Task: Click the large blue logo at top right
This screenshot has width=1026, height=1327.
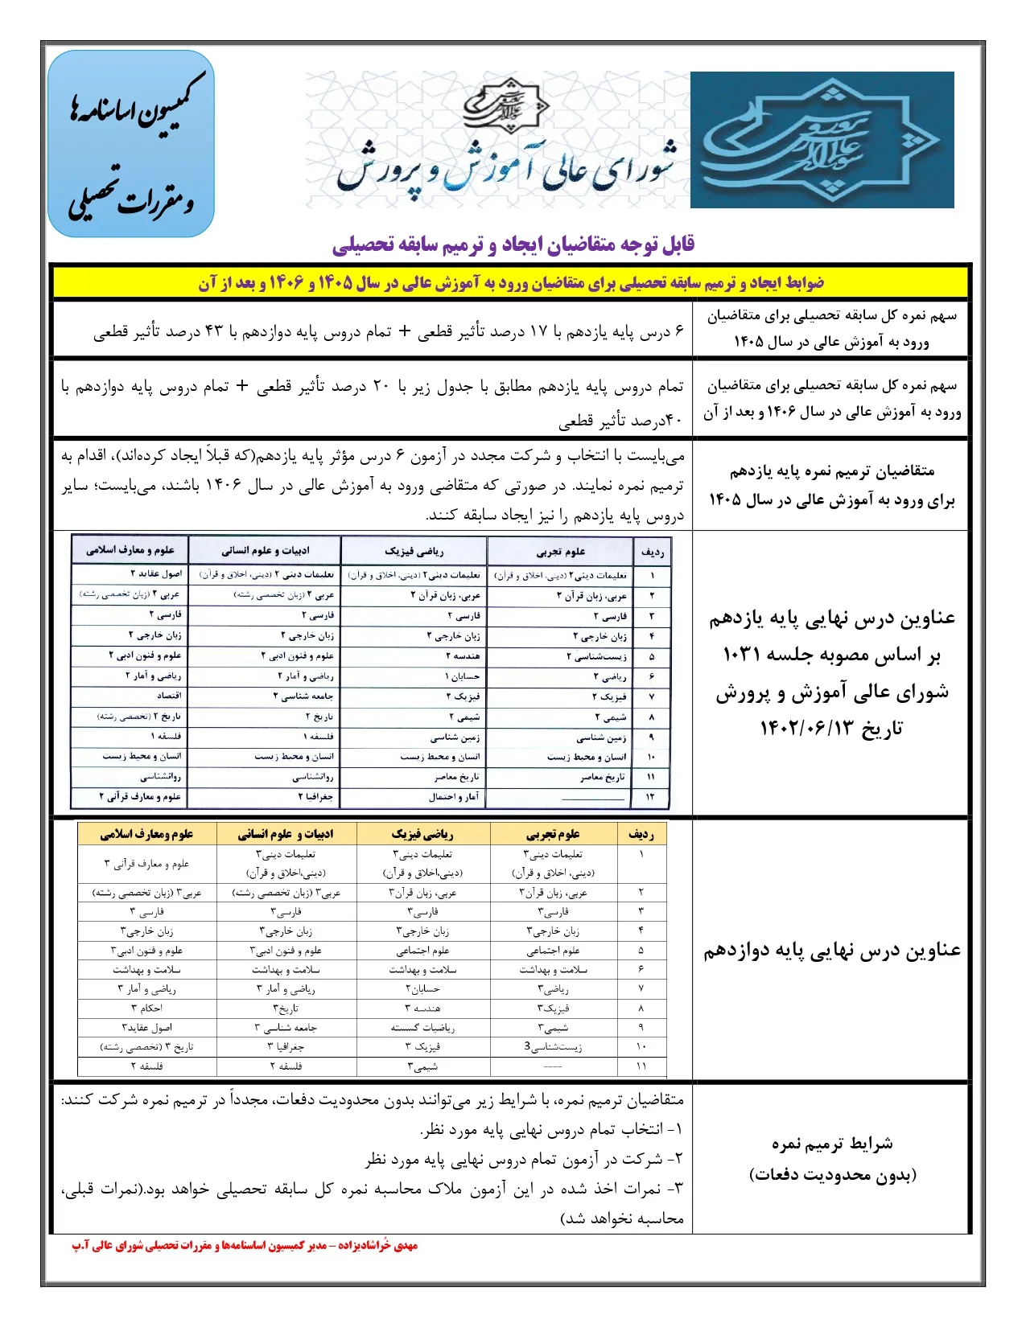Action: point(822,140)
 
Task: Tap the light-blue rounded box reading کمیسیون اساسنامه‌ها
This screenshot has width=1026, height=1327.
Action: point(131,144)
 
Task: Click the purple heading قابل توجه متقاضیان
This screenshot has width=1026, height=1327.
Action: point(513,244)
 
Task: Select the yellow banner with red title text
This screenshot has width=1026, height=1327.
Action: point(512,283)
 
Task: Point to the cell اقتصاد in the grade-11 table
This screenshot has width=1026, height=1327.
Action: point(169,696)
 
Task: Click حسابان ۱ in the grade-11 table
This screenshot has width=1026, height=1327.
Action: point(463,676)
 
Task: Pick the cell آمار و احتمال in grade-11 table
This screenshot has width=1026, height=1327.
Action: point(454,797)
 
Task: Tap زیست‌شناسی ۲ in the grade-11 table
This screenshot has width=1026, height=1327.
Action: point(596,656)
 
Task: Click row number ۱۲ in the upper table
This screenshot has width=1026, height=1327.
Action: point(651,797)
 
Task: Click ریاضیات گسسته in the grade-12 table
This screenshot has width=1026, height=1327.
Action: point(422,1028)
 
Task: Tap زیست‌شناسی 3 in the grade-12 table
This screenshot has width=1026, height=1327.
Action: point(553,1047)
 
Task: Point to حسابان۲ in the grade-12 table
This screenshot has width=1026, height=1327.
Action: point(422,989)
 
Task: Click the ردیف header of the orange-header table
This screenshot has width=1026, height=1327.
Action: point(641,835)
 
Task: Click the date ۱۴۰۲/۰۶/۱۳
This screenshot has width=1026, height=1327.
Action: point(831,729)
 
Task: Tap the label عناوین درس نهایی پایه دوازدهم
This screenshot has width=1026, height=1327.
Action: point(832,951)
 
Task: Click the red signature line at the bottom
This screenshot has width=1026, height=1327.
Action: point(245,1246)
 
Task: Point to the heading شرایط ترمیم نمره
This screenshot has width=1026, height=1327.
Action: point(832,1144)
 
